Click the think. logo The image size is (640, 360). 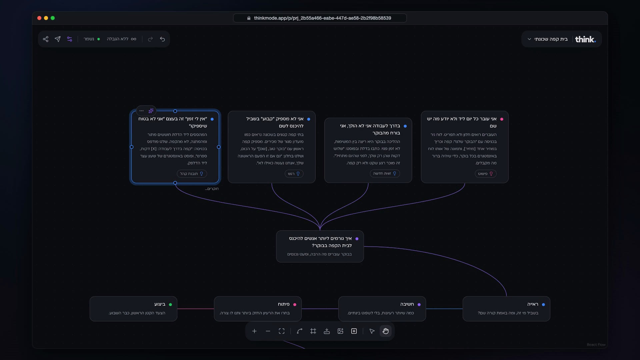click(585, 39)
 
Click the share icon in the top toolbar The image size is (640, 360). click(46, 39)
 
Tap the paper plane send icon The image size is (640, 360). click(58, 39)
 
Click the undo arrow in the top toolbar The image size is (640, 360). click(162, 39)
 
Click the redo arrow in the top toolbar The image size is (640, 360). click(150, 39)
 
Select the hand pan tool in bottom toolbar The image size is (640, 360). click(386, 331)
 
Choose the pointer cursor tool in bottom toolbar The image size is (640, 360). click(372, 331)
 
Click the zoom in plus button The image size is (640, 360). click(254, 331)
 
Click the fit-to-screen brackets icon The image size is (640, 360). click(282, 331)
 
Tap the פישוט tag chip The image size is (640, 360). click(486, 174)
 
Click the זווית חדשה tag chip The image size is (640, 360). click(385, 174)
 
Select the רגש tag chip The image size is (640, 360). click(294, 174)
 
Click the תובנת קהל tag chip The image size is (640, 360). click(192, 174)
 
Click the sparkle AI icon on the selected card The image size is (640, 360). click(151, 111)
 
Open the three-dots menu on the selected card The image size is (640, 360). click(142, 111)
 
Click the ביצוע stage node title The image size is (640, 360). click(160, 304)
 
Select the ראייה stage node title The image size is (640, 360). click(533, 304)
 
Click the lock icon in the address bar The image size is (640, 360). click(249, 18)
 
